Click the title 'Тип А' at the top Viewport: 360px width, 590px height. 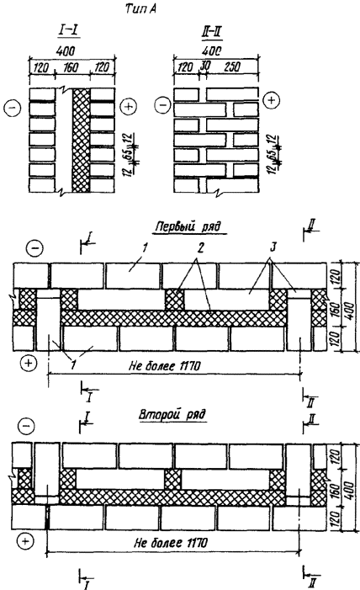(x=140, y=9)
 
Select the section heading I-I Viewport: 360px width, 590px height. (x=68, y=31)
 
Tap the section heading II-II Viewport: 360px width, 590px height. (x=212, y=33)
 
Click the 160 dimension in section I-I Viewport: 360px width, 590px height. (x=71, y=67)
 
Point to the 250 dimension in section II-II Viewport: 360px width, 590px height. (x=231, y=67)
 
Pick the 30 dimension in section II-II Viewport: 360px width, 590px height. (x=205, y=66)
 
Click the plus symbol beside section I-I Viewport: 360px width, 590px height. (x=129, y=107)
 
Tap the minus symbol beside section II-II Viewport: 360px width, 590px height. (x=162, y=104)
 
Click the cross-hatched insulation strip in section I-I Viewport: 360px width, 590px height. (x=82, y=140)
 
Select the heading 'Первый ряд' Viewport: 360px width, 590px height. (x=188, y=227)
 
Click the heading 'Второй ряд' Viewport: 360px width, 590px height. (x=172, y=415)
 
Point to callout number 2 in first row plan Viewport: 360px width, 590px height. (x=201, y=248)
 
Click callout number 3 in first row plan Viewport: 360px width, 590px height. (x=273, y=247)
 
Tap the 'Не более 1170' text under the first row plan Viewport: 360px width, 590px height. (x=165, y=365)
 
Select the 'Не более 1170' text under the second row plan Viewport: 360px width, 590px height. (x=171, y=543)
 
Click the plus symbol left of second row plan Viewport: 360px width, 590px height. (x=25, y=541)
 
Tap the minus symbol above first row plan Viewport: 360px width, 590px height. (x=34, y=248)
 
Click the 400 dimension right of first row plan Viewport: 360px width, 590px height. (x=349, y=310)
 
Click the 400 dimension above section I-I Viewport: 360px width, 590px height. (x=66, y=51)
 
